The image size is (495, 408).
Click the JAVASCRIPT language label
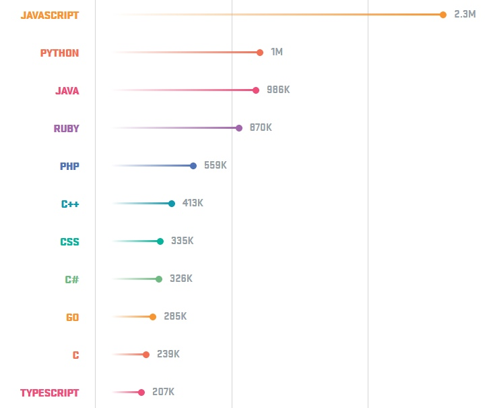point(49,15)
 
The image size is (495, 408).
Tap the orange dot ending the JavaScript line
point(442,15)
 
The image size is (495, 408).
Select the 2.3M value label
point(465,14)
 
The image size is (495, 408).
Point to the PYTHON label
point(59,53)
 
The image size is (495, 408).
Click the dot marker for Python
point(260,53)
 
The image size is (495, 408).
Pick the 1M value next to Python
point(277,52)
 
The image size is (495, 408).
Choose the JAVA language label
point(67,90)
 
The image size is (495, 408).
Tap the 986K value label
point(278,90)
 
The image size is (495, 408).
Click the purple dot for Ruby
point(239,128)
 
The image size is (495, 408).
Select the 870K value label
point(261,127)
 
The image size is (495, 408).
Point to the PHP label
point(69,166)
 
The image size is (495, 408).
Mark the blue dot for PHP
point(193,166)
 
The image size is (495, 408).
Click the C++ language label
point(70,204)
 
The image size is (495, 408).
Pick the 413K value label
point(193,203)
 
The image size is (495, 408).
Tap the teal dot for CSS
point(160,241)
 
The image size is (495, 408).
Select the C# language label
point(71,279)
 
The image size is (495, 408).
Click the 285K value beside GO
point(175,316)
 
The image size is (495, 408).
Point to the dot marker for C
point(146,355)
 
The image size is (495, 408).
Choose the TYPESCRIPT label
point(49,392)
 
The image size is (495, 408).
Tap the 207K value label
point(163,392)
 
